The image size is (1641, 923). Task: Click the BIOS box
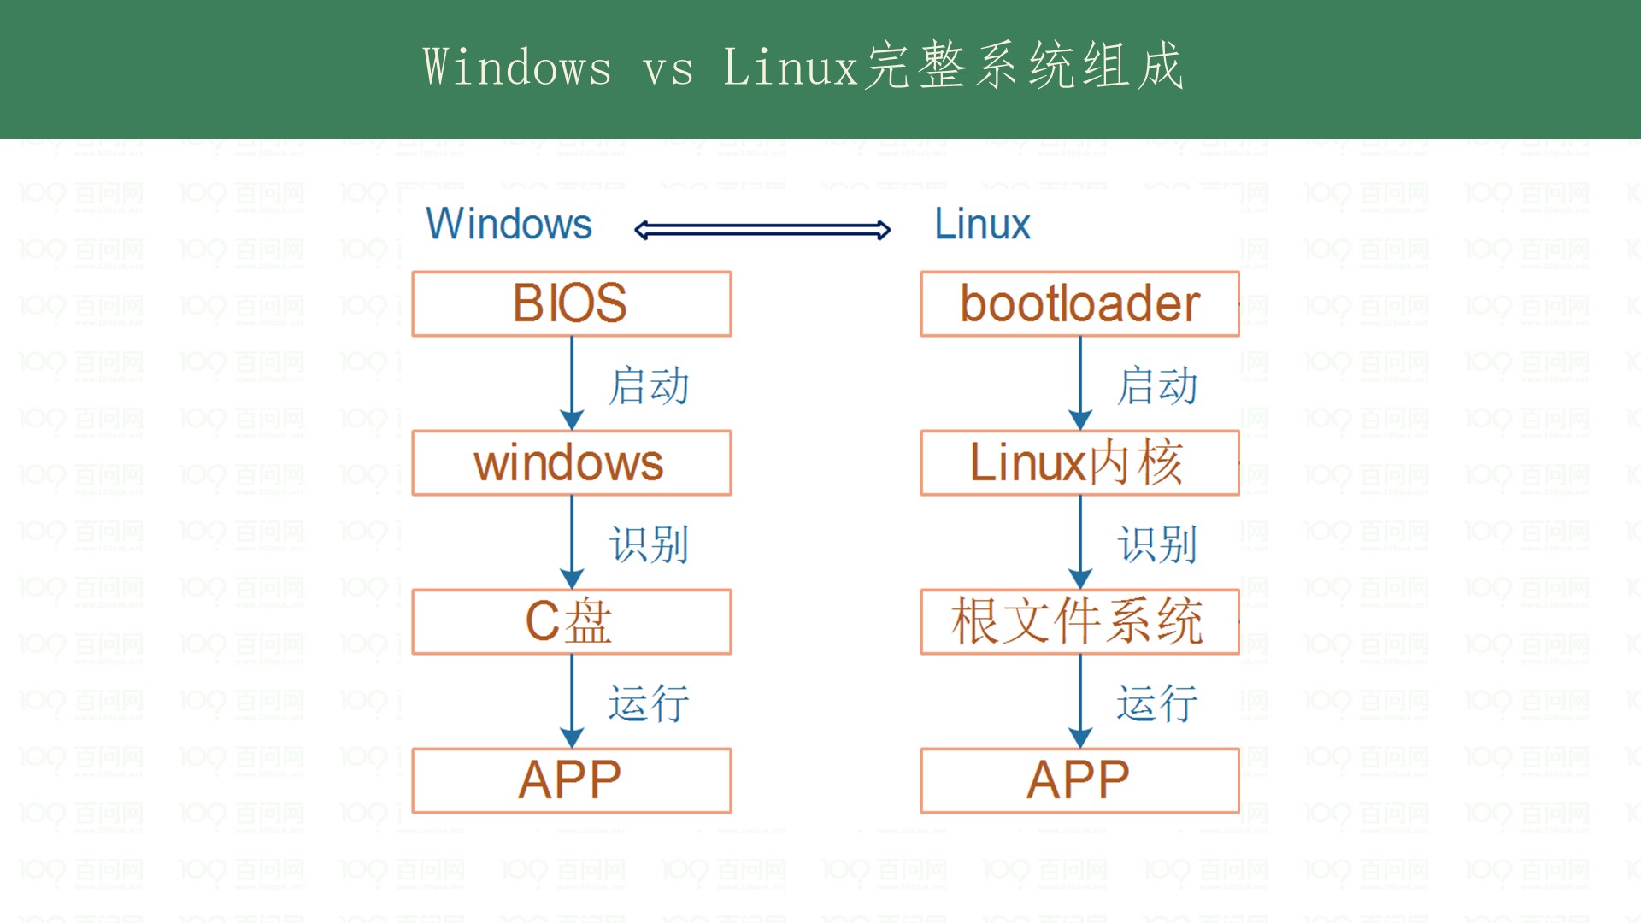pos(571,303)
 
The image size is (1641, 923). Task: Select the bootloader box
pos(1079,303)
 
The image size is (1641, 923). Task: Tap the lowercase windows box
pos(571,462)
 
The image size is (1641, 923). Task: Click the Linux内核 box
pos(1079,462)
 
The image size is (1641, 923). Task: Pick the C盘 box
pos(571,621)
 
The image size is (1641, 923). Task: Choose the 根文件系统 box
pos(1079,621)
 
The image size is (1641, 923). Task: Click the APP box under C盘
pos(571,780)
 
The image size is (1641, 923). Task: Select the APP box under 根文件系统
pos(1079,780)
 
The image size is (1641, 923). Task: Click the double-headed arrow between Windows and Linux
pos(762,229)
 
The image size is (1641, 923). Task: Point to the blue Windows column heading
pos(509,224)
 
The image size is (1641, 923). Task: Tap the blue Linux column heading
pos(982,224)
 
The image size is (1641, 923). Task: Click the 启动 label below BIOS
pos(649,385)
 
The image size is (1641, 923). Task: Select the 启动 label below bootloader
pos(1157,385)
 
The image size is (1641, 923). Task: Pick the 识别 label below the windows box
pos(649,544)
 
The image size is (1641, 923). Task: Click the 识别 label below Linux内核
pos(1157,544)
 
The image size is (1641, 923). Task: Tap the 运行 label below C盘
pos(649,703)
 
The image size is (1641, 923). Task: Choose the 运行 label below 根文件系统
pos(1157,703)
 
